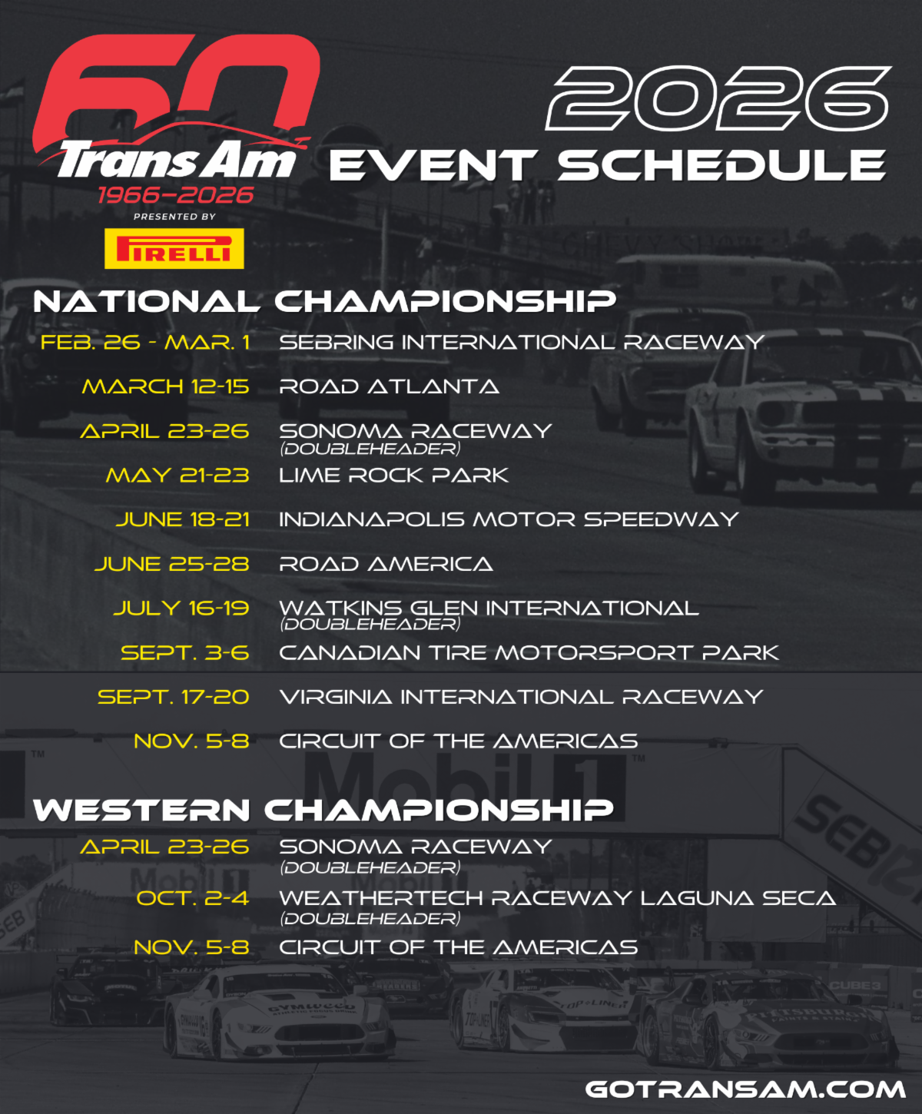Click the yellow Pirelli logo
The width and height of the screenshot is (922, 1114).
tap(174, 248)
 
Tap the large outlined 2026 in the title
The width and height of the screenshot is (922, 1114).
tap(718, 98)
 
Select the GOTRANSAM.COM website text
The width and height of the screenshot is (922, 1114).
tap(745, 1089)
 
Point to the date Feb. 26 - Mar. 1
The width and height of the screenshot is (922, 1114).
tap(145, 343)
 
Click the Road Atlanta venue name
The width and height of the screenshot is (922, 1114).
tap(389, 386)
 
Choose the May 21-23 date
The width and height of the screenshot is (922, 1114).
tap(177, 476)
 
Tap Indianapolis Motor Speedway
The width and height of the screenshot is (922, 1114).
tap(508, 520)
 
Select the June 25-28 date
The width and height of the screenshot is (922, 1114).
tap(172, 565)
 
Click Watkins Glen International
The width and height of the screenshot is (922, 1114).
tap(489, 608)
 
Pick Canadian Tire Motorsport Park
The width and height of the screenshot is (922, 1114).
tap(529, 653)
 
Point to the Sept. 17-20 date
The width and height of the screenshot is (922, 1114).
tap(174, 698)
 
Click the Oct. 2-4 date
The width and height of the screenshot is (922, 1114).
tap(193, 898)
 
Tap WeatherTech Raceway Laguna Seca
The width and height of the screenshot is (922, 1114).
tap(557, 898)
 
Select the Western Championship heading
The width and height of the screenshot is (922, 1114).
tap(323, 810)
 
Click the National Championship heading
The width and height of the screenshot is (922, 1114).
tap(324, 301)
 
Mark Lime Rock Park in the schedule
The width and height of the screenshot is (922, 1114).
tap(393, 476)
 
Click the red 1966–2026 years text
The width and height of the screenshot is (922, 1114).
tap(175, 195)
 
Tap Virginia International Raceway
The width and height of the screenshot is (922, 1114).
tap(521, 698)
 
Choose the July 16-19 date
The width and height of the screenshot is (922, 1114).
tap(181, 608)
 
